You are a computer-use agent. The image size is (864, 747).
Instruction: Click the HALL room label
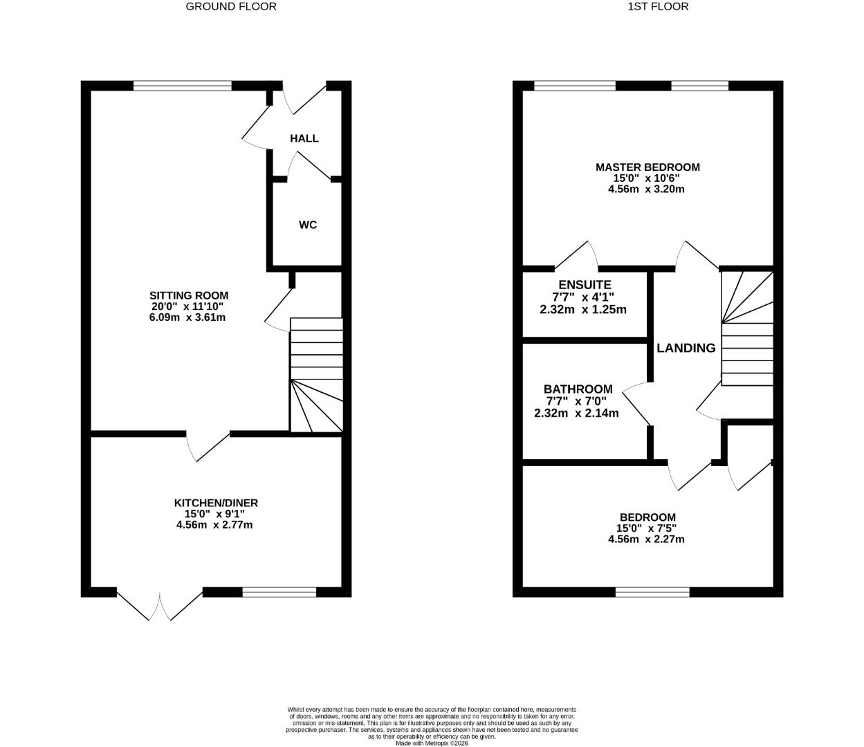[x=304, y=138]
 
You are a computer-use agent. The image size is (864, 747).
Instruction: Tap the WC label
[x=308, y=225]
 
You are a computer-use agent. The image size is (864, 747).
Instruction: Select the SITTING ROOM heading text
[x=190, y=295]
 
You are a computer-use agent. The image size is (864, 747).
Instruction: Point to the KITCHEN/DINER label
[x=215, y=503]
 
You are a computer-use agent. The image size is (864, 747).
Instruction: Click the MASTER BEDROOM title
[x=647, y=167]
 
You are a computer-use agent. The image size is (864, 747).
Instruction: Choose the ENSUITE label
[x=585, y=284]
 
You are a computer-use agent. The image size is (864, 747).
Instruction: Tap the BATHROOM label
[x=578, y=389]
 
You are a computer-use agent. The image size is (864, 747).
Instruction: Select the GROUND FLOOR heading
[x=231, y=6]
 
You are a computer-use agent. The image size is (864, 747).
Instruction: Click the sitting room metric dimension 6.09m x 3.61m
[x=187, y=317]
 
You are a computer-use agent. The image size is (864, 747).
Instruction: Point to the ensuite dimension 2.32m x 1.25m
[x=583, y=309]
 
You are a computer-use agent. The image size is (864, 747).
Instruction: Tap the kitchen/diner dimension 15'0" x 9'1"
[x=214, y=514]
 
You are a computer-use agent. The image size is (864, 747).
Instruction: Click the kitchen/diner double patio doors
[x=160, y=605]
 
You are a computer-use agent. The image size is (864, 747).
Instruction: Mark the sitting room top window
[x=183, y=86]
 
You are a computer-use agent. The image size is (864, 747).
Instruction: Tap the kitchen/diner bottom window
[x=279, y=592]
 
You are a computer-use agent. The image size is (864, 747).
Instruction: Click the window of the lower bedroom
[x=652, y=592]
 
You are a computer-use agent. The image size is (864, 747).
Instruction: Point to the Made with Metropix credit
[x=432, y=744]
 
